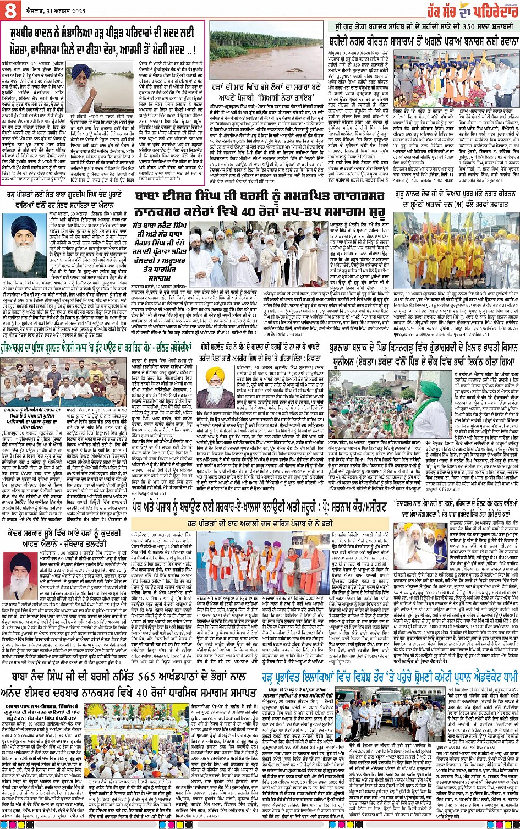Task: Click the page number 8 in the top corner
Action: point(9,9)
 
